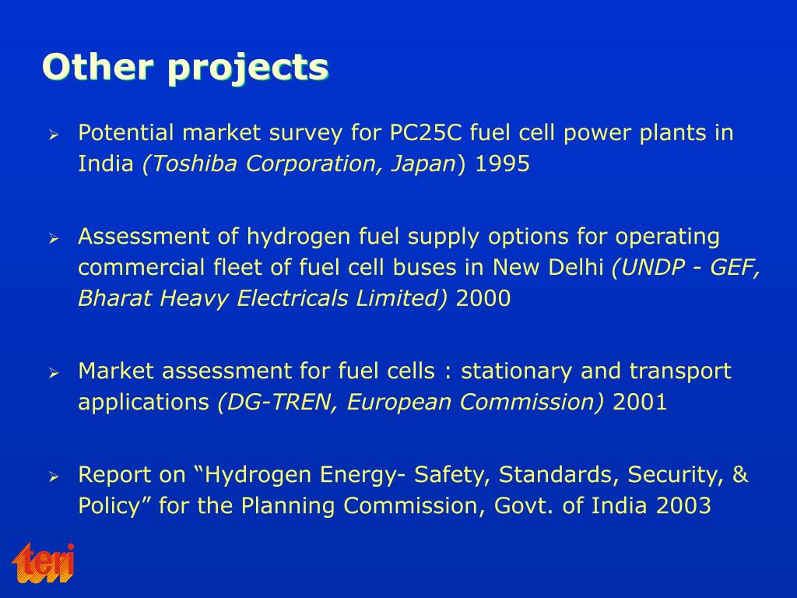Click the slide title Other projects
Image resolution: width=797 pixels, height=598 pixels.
point(185,68)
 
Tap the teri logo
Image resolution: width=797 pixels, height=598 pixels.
point(44,562)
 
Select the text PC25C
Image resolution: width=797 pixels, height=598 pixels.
point(426,133)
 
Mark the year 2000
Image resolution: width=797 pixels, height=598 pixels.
point(483,298)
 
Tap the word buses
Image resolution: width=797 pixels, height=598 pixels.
point(427,267)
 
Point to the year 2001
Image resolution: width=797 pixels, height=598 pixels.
point(640,403)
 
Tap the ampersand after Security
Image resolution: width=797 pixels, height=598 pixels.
point(740,475)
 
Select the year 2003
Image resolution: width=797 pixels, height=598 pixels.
point(683,506)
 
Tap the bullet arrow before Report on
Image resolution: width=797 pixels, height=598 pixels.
point(54,477)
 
